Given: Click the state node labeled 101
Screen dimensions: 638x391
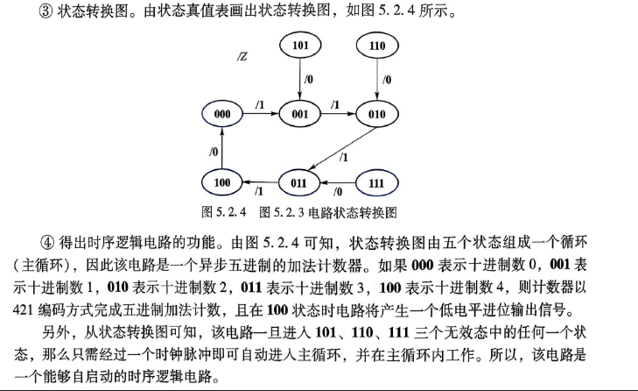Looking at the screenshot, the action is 300,46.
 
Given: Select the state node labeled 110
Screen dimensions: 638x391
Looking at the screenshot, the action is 377,46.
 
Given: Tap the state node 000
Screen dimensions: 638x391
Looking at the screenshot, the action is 222,114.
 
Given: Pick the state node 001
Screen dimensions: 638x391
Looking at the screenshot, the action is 300,114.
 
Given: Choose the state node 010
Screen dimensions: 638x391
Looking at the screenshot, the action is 377,114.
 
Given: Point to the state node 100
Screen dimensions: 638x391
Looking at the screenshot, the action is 222,182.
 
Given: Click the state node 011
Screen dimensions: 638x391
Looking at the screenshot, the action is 299,182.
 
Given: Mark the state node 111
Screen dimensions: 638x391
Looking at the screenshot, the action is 377,182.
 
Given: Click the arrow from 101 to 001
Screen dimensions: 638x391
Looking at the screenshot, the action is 300,80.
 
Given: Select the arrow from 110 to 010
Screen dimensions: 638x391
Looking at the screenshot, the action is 377,80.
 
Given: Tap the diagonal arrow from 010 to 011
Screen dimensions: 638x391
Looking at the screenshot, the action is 342,149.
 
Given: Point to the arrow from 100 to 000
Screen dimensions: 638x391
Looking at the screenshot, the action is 222,148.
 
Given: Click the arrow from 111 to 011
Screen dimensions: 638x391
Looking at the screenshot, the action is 338,182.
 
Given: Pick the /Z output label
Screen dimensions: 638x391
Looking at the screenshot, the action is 242,56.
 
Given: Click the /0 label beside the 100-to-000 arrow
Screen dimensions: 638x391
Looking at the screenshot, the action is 214,152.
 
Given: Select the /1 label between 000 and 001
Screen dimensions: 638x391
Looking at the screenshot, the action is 260,105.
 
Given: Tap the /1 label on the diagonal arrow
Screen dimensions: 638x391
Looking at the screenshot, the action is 344,157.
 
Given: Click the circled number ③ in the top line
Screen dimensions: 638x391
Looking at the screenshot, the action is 46,11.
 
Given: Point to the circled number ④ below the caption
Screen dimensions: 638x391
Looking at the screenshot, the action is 47,243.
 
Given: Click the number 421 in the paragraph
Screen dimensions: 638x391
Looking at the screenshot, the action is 24,310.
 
